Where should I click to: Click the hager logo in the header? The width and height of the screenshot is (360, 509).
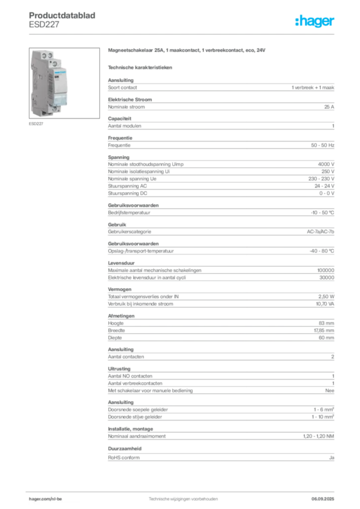pyautogui.click(x=314, y=21)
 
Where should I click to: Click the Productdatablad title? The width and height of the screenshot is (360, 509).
pyautogui.click(x=62, y=15)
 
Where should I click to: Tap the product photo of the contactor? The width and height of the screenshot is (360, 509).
pyautogui.click(x=64, y=83)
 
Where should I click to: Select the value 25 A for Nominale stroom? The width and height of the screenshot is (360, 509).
pyautogui.click(x=329, y=107)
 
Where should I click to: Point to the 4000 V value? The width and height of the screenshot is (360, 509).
pyautogui.click(x=326, y=164)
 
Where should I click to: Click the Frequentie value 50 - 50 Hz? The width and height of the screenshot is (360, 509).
pyautogui.click(x=322, y=145)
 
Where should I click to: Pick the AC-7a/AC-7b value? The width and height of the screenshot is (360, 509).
pyautogui.click(x=320, y=232)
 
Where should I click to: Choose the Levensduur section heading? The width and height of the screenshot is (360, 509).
pyautogui.click(x=121, y=263)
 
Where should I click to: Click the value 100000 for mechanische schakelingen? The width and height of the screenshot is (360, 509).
pyautogui.click(x=326, y=270)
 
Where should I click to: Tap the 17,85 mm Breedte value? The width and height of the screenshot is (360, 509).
pyautogui.click(x=324, y=330)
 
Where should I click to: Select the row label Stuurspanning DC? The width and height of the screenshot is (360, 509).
pyautogui.click(x=128, y=193)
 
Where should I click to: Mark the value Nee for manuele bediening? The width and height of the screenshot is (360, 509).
pyautogui.click(x=330, y=391)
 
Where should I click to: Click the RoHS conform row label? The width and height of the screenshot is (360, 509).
pyautogui.click(x=124, y=457)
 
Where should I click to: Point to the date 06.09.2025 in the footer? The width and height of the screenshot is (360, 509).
pyautogui.click(x=323, y=499)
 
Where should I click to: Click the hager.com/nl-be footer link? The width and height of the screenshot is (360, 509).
pyautogui.click(x=45, y=499)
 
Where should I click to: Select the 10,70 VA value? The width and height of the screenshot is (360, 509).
pyautogui.click(x=325, y=304)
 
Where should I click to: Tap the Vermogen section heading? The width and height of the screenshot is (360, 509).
pyautogui.click(x=120, y=289)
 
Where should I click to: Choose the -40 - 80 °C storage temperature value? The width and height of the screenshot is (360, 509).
pyautogui.click(x=322, y=251)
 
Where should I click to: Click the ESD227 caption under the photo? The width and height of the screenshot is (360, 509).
pyautogui.click(x=36, y=124)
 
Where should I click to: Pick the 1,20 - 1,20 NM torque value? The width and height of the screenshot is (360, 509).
pyautogui.click(x=318, y=436)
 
